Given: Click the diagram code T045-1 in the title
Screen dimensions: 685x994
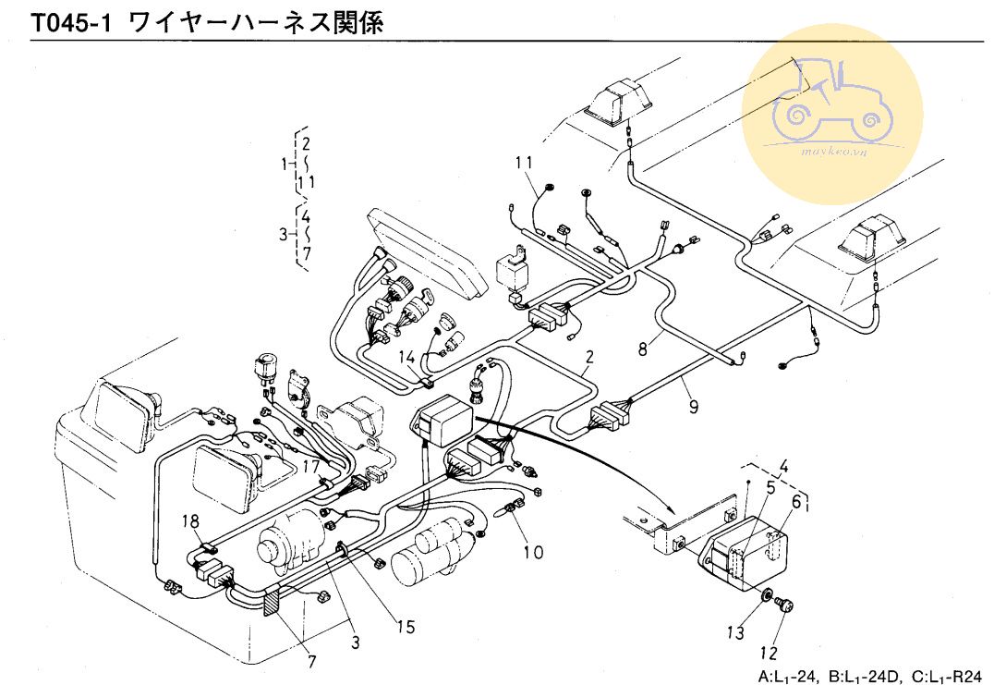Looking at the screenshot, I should (x=69, y=22).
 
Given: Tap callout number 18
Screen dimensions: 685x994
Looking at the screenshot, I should (x=189, y=523).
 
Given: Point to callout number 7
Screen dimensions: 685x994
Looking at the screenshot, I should (x=310, y=661).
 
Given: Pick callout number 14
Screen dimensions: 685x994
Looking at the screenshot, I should (x=406, y=357).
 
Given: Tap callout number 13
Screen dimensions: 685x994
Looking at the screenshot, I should (x=734, y=633).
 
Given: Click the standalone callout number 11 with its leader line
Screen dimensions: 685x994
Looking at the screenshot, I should (x=525, y=165).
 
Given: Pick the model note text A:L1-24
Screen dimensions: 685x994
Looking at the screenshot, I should (x=788, y=676).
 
